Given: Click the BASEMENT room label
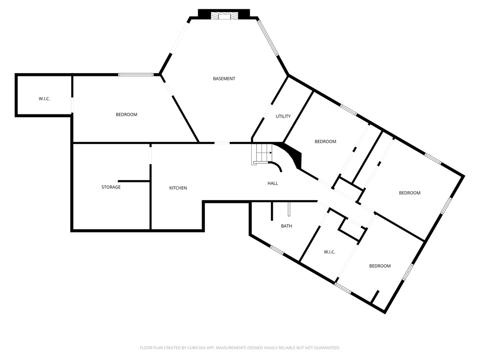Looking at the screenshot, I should pos(224,79).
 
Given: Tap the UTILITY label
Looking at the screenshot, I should pos(283,116).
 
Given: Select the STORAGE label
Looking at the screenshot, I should pos(111,187).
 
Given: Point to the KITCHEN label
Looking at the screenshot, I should pos(178,188).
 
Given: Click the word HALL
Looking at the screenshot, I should pos(272,183).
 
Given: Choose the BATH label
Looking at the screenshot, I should pos(286,226).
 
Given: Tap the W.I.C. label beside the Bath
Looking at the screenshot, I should pos(330,252).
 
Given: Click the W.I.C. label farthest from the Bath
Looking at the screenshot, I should pos(44,98).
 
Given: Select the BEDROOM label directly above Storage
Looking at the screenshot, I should pos(127,114).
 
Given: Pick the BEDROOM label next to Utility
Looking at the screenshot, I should pos(325,142).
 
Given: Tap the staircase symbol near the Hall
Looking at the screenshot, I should pos(262,154).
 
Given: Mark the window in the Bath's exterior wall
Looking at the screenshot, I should pos(277,250).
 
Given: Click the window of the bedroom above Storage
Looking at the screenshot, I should pos(136,74).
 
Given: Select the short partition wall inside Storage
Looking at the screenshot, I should pos(134,180).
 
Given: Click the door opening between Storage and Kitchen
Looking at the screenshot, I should pos(150,154).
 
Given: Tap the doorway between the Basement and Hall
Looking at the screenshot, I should pos(222,142).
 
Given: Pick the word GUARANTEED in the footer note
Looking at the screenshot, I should pos(325,348).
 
